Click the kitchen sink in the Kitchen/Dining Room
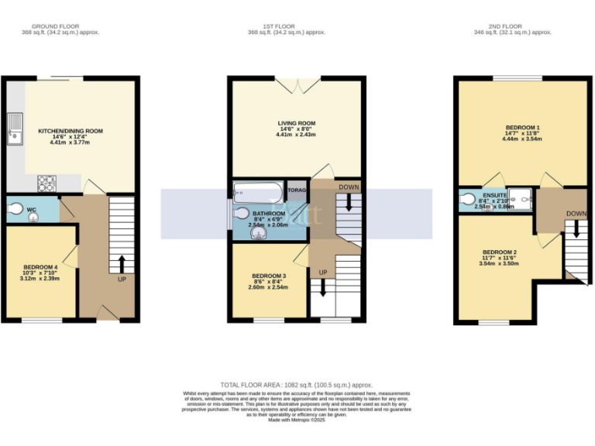pyautogui.click(x=13, y=129)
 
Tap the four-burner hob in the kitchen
pyautogui.click(x=46, y=184)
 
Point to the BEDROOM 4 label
pyautogui.click(x=39, y=267)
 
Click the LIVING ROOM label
pyautogui.click(x=297, y=123)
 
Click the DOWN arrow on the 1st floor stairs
pyautogui.click(x=349, y=203)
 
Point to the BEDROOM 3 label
pyautogui.click(x=268, y=276)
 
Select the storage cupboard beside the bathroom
pyautogui.click(x=297, y=190)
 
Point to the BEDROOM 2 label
pyautogui.click(x=499, y=252)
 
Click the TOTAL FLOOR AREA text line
pyautogui.click(x=297, y=385)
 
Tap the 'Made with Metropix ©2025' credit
pyautogui.click(x=297, y=420)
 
